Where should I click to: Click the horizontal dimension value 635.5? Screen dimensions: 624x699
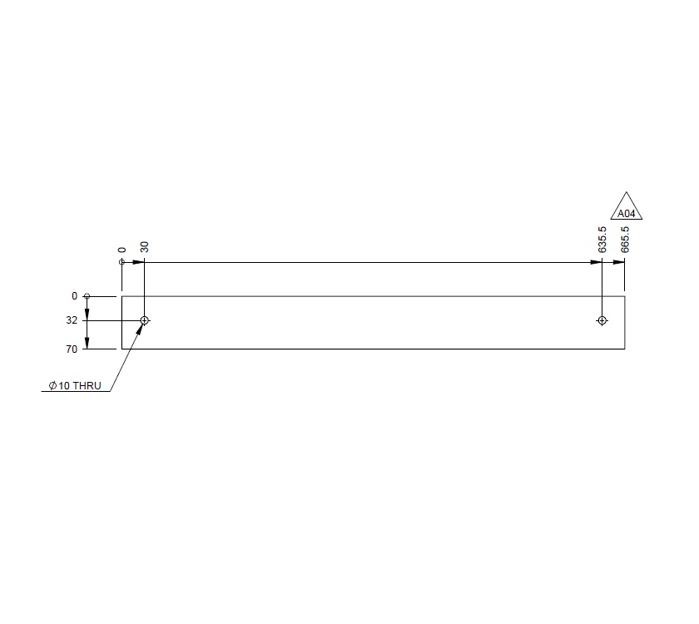click(x=602, y=241)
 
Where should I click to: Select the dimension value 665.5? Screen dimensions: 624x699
click(x=625, y=240)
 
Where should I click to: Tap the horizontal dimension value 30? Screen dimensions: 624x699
click(x=145, y=247)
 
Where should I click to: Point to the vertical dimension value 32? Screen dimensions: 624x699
click(x=72, y=320)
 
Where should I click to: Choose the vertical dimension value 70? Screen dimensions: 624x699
click(x=72, y=349)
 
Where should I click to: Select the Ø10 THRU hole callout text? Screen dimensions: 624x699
click(x=75, y=386)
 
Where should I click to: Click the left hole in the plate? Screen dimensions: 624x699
click(x=145, y=320)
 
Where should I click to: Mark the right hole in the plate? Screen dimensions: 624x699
click(x=602, y=320)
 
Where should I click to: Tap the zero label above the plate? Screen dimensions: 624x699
click(x=121, y=250)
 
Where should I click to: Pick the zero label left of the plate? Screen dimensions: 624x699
click(x=74, y=296)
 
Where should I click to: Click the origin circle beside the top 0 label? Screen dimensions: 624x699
click(x=121, y=263)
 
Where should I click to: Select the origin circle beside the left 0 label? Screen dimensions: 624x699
click(x=87, y=296)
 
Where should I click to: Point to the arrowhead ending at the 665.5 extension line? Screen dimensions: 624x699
click(x=619, y=263)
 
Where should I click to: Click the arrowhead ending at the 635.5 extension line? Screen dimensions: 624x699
click(x=596, y=263)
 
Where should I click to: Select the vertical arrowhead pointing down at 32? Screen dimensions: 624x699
click(x=87, y=314)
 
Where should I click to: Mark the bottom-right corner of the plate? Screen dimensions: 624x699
click(x=625, y=349)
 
